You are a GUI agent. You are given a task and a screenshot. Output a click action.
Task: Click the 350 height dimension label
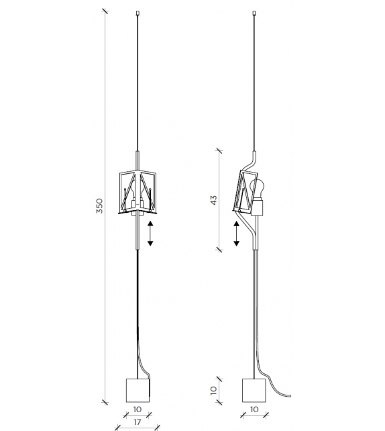coord(99,206)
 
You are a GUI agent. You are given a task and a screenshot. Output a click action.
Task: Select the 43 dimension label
coord(214,200)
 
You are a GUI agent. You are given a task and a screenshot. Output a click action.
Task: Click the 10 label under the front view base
coord(137,408)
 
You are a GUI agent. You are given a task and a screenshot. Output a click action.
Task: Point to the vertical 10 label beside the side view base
coord(214,389)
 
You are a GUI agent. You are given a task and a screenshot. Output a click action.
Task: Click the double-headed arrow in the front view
coord(150,233)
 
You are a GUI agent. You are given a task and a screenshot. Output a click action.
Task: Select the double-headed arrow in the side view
coord(236,233)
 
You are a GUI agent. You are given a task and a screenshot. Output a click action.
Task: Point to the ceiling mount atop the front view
coord(137,12)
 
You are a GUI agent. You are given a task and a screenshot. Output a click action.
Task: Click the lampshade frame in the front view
coord(137,192)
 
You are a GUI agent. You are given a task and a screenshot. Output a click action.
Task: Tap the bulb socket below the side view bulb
coord(258,207)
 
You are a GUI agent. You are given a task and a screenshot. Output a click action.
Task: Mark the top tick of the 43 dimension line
coord(220,150)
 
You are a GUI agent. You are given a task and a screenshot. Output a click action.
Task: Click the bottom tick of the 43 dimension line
coord(220,250)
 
